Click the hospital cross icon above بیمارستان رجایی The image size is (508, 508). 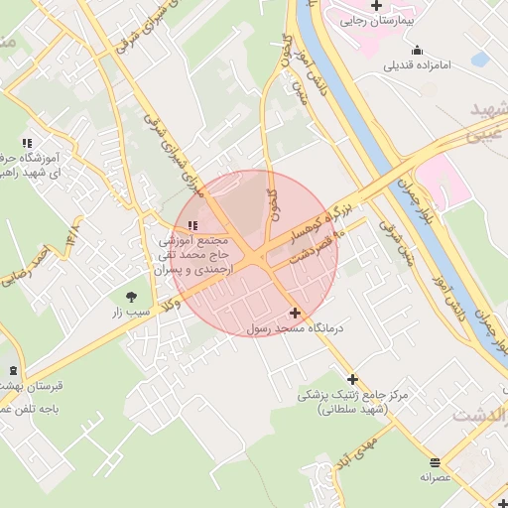pos(376,5)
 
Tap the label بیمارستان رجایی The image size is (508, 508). pos(376,20)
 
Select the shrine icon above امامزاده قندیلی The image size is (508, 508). pos(417,50)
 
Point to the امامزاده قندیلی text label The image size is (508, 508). pos(417,65)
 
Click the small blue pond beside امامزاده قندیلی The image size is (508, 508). pos(480,60)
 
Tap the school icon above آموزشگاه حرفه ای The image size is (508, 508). pos(26,143)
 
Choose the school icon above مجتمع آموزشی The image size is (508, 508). pos(191,225)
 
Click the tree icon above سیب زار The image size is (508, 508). pos(132,296)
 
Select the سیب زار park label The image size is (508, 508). pos(132,312)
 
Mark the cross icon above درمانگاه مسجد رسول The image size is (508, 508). pos(295,313)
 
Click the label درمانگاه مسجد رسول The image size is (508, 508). pos(295,328)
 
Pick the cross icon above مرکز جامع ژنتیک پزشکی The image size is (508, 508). pos(352,379)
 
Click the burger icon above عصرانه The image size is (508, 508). pos(435,461)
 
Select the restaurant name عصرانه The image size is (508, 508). pos(435,477)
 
